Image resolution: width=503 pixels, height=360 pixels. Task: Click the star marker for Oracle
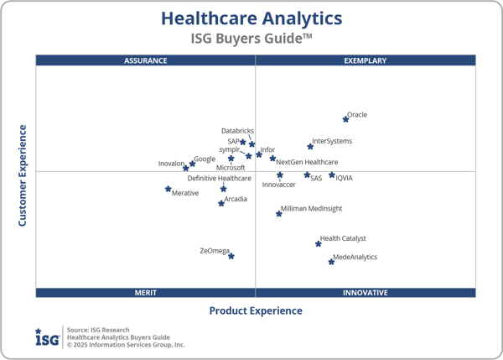coord(345,119)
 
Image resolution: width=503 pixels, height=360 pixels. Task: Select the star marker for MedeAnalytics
coord(331,262)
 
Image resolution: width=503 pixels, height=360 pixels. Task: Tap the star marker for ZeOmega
coord(231,256)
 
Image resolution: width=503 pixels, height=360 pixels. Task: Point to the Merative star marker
coord(169,189)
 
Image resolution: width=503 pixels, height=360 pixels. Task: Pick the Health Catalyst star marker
coord(319,243)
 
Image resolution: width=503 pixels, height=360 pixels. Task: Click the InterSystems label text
coord(332,141)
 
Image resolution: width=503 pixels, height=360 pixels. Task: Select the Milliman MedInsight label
coord(311,208)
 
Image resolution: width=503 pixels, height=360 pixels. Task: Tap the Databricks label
coord(237,131)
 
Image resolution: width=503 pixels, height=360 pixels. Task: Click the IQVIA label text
coord(344,178)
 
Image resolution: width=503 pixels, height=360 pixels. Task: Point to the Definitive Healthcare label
coord(219,178)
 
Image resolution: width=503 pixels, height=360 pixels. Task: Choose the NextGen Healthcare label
coord(307,162)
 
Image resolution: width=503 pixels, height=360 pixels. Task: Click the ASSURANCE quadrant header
coord(146,60)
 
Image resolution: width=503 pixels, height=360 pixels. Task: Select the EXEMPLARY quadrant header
coord(366,60)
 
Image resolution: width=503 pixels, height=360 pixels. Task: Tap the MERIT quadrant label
coord(146,293)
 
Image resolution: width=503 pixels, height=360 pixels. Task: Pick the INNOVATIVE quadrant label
coord(366,293)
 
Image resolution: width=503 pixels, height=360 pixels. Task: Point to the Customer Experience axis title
coord(23,175)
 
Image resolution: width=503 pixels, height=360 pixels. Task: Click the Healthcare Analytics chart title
coord(251,18)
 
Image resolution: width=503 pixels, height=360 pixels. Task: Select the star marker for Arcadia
coord(221,203)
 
